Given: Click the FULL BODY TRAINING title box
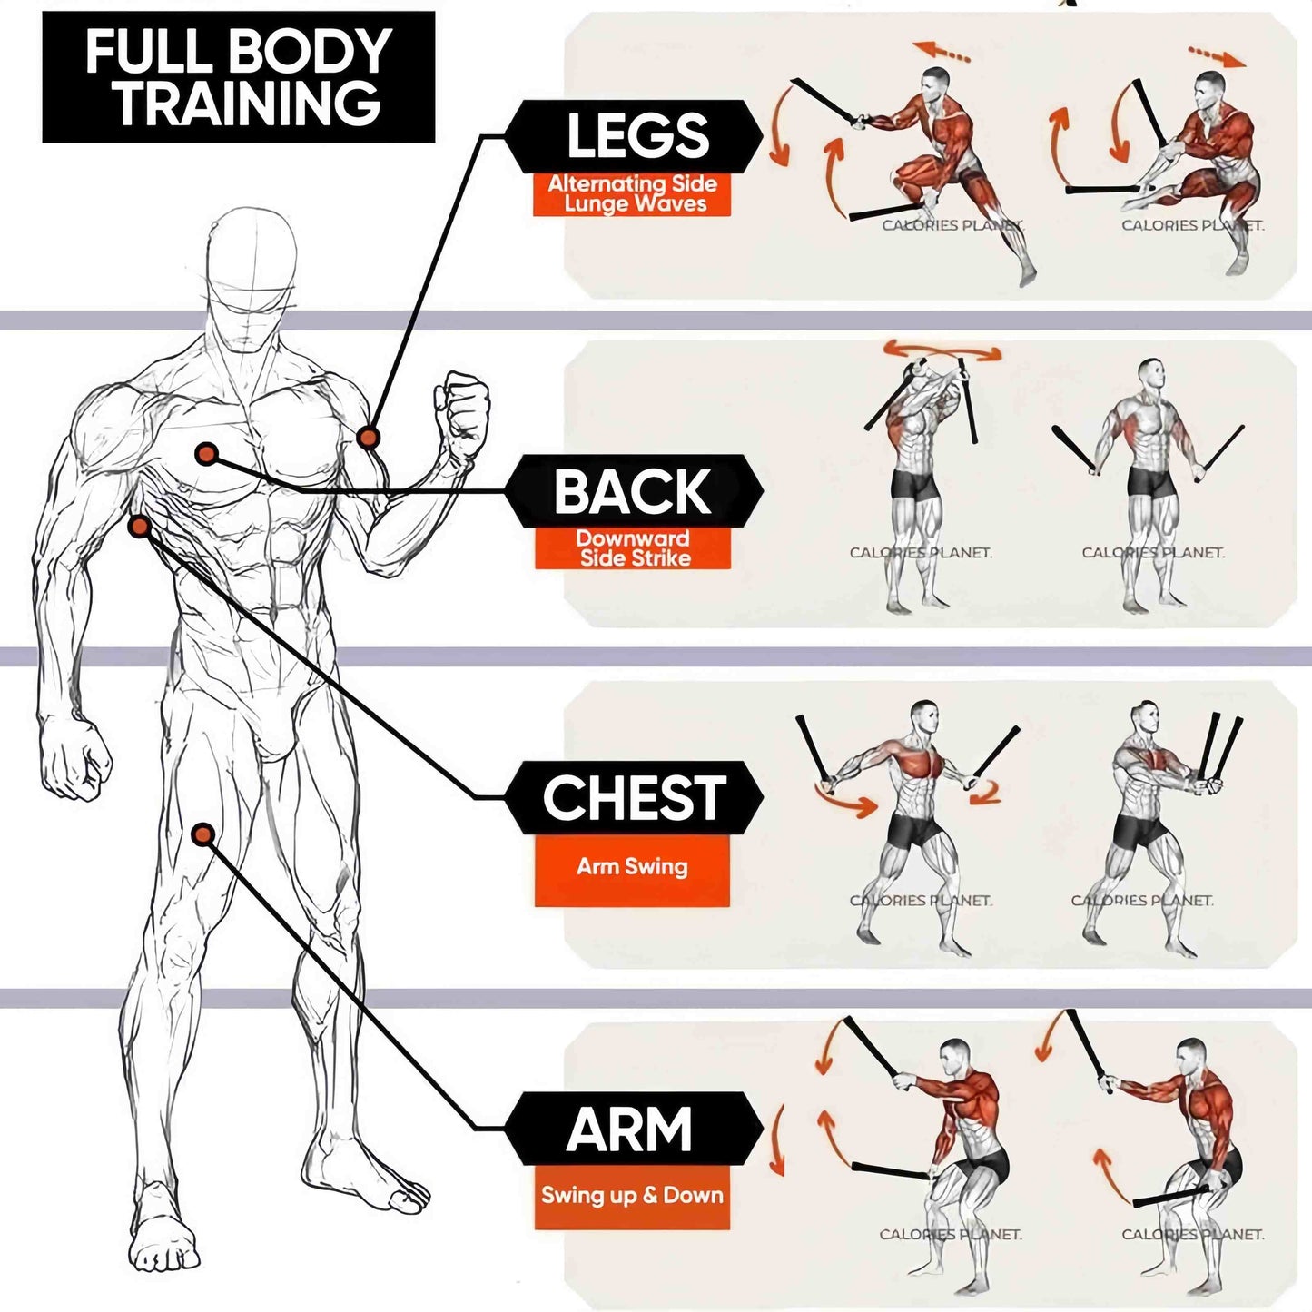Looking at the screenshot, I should pos(238,77).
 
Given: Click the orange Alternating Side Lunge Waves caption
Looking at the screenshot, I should pos(632,194).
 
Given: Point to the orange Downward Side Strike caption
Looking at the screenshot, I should pos(633,548).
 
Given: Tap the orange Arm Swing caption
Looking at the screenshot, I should pos(632,867).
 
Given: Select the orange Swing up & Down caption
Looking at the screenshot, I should pos(632,1196).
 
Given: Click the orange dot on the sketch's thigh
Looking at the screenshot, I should pos(203,834).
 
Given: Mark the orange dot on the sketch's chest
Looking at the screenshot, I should pos(207,453).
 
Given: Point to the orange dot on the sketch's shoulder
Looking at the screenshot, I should pos(368,438).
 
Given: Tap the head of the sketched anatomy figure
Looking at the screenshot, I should pos(251,272).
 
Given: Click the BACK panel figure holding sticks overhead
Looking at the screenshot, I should pos(917,481).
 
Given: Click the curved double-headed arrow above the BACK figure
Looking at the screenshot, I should pos(942,350).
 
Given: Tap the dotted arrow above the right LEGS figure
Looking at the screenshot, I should pos(1217,56).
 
